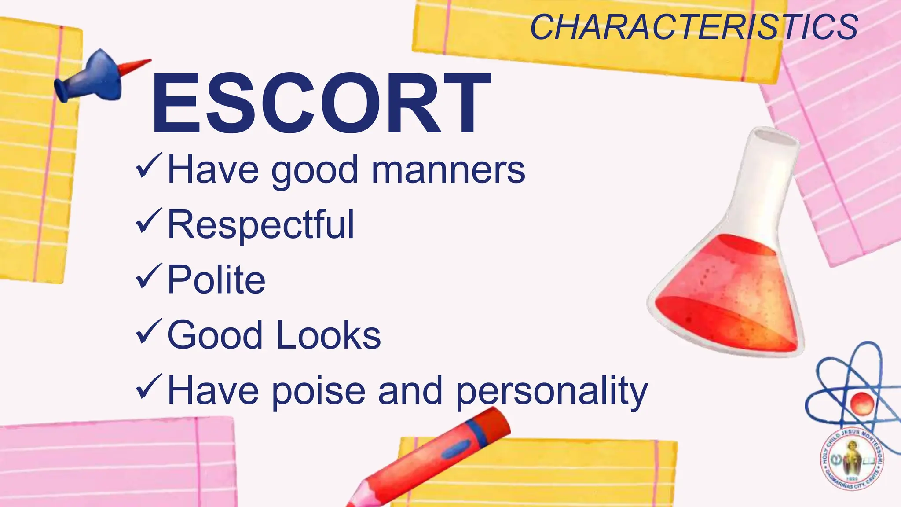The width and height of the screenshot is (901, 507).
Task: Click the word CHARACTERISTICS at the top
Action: click(x=694, y=27)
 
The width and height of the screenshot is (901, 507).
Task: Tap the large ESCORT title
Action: click(x=320, y=104)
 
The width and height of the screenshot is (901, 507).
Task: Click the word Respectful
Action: click(x=260, y=225)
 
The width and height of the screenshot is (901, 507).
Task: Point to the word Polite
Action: click(x=216, y=280)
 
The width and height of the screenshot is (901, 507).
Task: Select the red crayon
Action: click(x=436, y=458)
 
